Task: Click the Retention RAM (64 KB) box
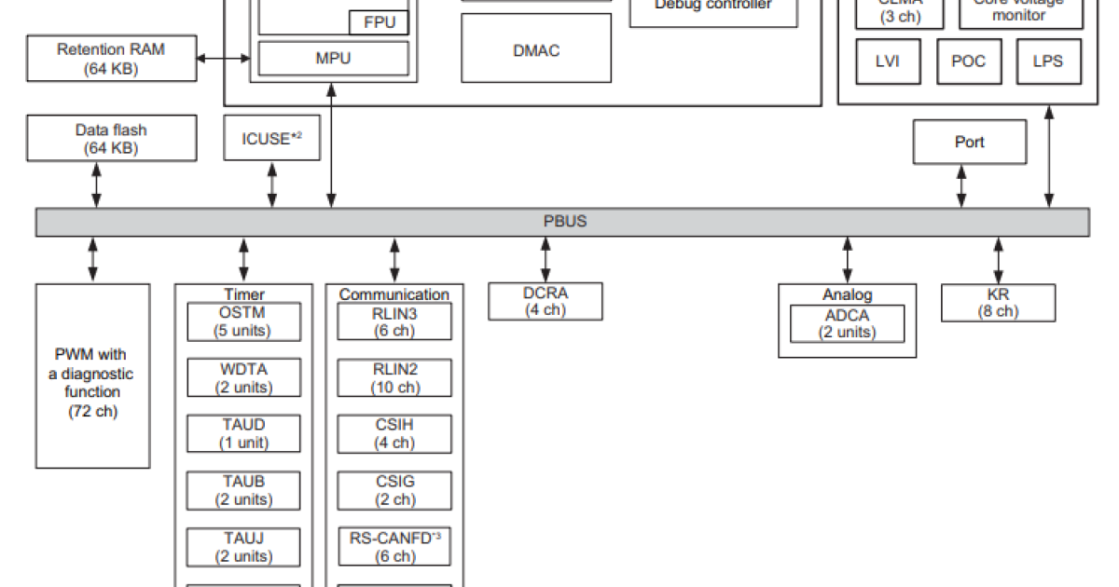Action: click(x=111, y=59)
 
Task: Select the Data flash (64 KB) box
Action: click(x=111, y=138)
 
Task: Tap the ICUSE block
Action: click(x=271, y=139)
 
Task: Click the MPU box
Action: click(x=333, y=59)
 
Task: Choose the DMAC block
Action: click(x=536, y=50)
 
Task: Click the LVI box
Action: click(x=888, y=61)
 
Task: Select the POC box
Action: click(x=968, y=61)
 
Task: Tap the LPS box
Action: click(x=1048, y=61)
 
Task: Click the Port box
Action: click(x=969, y=143)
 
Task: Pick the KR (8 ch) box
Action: click(x=998, y=303)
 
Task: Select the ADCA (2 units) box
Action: click(x=848, y=323)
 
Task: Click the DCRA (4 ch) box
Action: click(x=545, y=301)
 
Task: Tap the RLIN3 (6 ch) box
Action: click(x=394, y=321)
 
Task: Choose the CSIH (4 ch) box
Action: click(x=394, y=434)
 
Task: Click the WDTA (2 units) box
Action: click(x=244, y=377)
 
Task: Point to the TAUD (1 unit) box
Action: click(x=244, y=434)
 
